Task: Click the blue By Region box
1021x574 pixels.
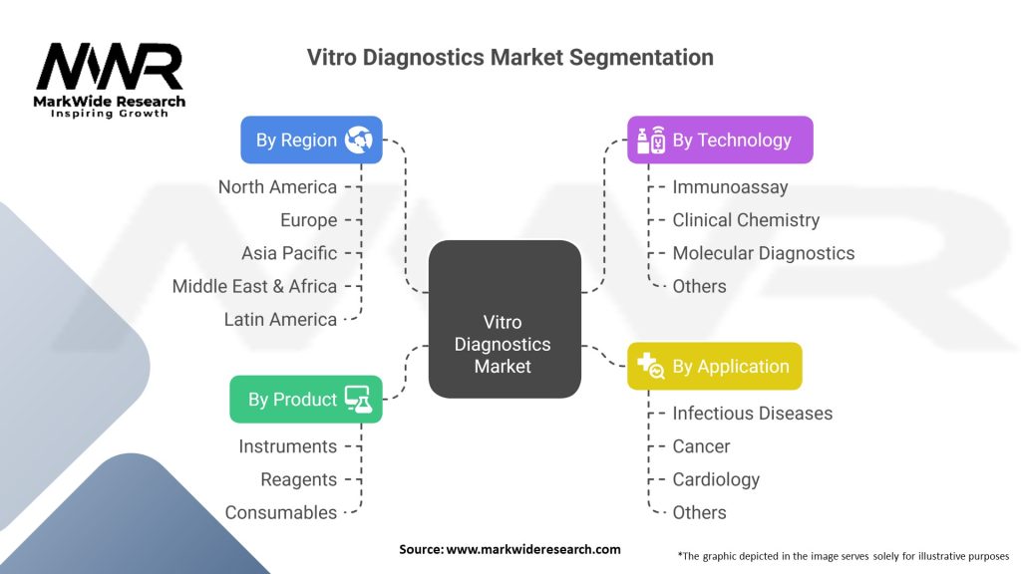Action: pyautogui.click(x=311, y=140)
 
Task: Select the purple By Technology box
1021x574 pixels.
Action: pyautogui.click(x=720, y=140)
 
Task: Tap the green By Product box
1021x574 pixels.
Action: pyautogui.click(x=306, y=399)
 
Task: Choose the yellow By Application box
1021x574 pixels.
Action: pyautogui.click(x=714, y=367)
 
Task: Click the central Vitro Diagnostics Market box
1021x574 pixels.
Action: pyautogui.click(x=505, y=319)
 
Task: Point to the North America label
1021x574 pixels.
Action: pyautogui.click(x=277, y=187)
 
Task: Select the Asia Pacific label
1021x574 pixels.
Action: pyautogui.click(x=289, y=253)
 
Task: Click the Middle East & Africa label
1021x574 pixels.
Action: pyautogui.click(x=254, y=286)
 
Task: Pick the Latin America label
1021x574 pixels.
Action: pyautogui.click(x=280, y=320)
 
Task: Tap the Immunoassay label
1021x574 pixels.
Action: pyautogui.click(x=730, y=187)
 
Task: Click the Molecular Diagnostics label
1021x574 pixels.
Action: pyautogui.click(x=763, y=253)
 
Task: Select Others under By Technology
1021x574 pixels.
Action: pyautogui.click(x=699, y=286)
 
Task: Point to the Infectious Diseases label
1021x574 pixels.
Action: pyautogui.click(x=752, y=414)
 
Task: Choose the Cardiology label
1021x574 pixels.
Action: pyautogui.click(x=716, y=479)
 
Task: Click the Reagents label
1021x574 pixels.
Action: pyautogui.click(x=299, y=479)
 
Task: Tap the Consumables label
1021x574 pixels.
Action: pyautogui.click(x=281, y=513)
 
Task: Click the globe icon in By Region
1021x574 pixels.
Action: pyautogui.click(x=359, y=140)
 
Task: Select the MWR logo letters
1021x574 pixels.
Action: pyautogui.click(x=110, y=67)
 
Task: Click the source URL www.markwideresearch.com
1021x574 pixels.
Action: pyautogui.click(x=533, y=549)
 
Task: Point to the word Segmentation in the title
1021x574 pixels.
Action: pyautogui.click(x=641, y=57)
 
